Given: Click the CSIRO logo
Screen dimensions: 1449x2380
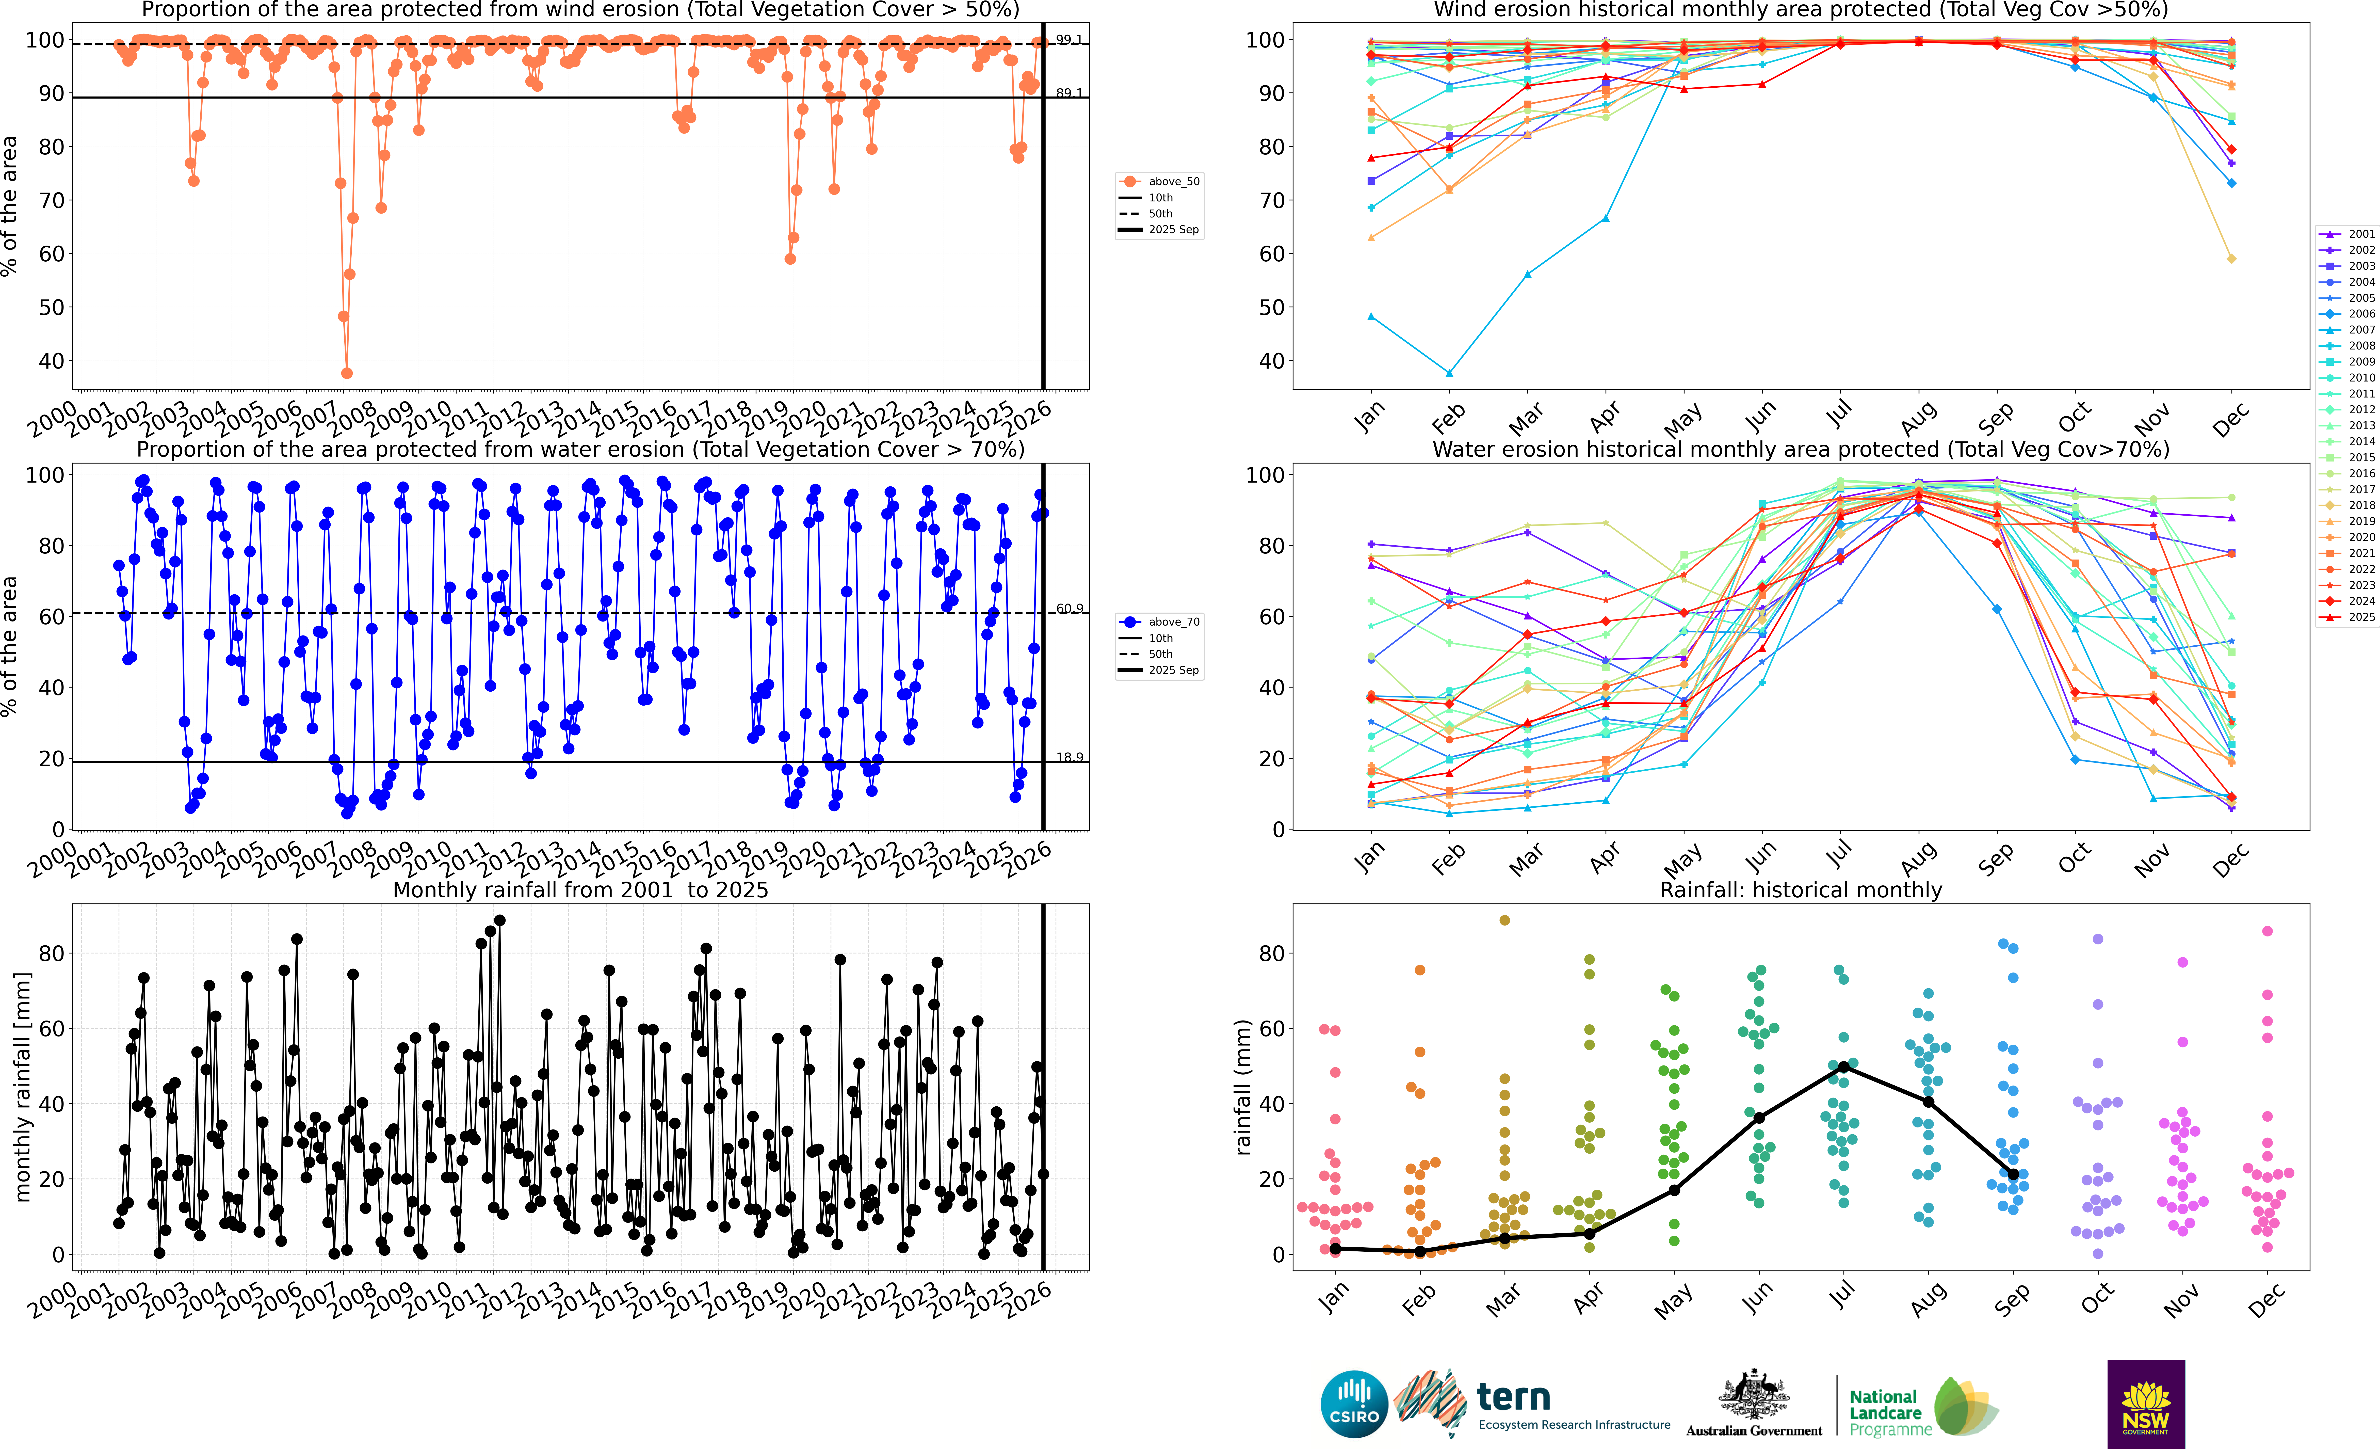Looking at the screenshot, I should pyautogui.click(x=1354, y=1404).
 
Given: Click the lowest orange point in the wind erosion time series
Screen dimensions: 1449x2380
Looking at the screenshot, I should pyautogui.click(x=347, y=373).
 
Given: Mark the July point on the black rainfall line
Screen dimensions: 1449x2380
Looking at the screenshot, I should pyautogui.click(x=1844, y=1066).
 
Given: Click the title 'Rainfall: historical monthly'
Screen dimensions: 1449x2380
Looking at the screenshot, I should pyautogui.click(x=1801, y=890).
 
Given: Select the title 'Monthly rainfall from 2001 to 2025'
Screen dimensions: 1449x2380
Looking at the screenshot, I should pyautogui.click(x=580, y=890).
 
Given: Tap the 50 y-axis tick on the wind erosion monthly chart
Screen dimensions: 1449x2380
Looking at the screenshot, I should pyautogui.click(x=1264, y=307).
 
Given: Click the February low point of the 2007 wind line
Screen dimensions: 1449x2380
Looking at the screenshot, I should pyautogui.click(x=1449, y=373).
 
